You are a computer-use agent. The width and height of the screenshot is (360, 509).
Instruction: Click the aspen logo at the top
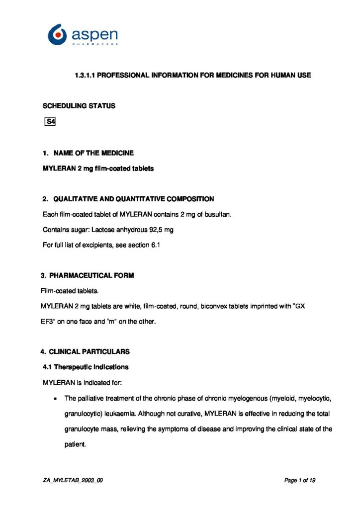pyautogui.click(x=83, y=35)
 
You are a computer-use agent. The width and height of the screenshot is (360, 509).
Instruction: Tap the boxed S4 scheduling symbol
pyautogui.click(x=50, y=122)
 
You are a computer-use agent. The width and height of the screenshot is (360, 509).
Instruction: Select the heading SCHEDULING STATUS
pyautogui.click(x=79, y=106)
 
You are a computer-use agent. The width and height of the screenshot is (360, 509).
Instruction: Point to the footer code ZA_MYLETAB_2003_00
pyautogui.click(x=73, y=480)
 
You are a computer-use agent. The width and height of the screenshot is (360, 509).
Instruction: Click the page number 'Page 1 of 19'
pyautogui.click(x=300, y=480)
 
